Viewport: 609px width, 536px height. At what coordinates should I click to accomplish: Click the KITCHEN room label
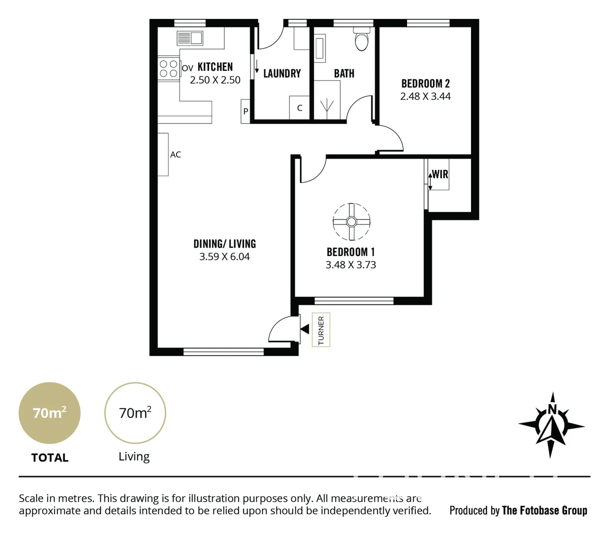click(x=215, y=67)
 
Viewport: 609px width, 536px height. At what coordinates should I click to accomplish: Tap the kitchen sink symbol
click(x=190, y=38)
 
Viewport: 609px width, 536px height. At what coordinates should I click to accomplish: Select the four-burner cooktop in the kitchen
click(x=168, y=68)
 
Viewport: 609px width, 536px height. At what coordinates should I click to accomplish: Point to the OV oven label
click(x=187, y=68)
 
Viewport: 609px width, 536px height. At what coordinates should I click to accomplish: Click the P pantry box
click(x=245, y=112)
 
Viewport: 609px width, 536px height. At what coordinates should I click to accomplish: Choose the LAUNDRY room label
click(x=282, y=73)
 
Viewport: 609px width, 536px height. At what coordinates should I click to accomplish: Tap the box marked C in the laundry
click(x=299, y=108)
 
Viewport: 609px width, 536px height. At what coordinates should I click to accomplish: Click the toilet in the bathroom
click(x=362, y=40)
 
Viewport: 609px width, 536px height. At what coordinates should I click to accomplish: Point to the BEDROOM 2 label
click(x=425, y=83)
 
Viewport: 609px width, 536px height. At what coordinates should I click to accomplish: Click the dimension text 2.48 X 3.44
click(x=425, y=96)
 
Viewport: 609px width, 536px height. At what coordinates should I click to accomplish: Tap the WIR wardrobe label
click(x=440, y=174)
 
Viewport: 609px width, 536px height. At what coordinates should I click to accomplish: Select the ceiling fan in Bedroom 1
click(x=351, y=222)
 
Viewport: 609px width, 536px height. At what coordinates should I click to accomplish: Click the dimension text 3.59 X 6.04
click(x=224, y=257)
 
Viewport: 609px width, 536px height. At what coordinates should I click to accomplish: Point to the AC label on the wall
click(x=175, y=155)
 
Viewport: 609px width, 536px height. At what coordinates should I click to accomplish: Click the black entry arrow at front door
click(x=305, y=329)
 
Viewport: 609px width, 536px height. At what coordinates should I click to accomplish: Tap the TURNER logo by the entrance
click(x=321, y=330)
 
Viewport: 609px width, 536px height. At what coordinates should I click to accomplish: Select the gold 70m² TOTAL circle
click(x=50, y=413)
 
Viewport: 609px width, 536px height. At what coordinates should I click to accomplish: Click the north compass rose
click(x=551, y=425)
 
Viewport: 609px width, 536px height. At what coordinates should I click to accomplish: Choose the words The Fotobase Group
click(x=544, y=510)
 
